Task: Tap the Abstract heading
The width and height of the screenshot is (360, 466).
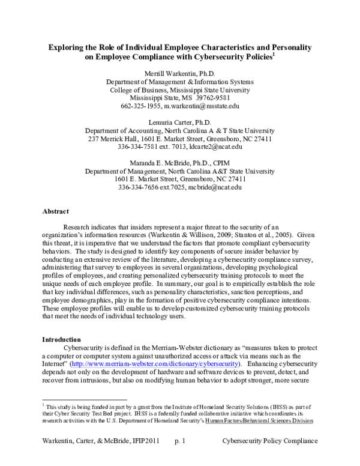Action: pyautogui.click(x=56, y=211)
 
